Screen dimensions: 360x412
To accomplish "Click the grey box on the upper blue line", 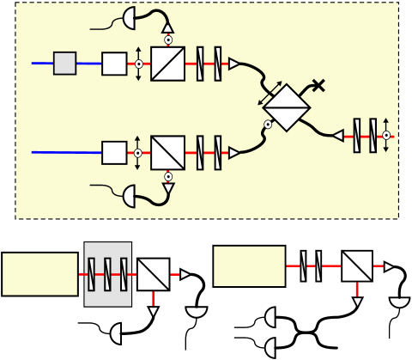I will tap(64, 63).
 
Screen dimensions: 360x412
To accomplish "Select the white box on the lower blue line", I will tap(114, 153).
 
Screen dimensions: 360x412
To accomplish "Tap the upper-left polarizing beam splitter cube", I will tap(167, 64).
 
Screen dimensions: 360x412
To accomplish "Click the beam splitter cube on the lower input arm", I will tap(167, 153).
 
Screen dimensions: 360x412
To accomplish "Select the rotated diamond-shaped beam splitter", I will tap(286, 108).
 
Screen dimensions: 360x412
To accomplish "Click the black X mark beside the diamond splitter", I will tap(318, 84).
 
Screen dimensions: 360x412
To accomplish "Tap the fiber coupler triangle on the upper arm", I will tap(233, 63).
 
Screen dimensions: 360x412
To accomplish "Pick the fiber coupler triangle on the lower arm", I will tap(233, 153).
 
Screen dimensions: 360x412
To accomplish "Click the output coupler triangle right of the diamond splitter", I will tap(338, 135).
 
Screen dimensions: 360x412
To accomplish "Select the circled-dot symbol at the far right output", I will tap(387, 135).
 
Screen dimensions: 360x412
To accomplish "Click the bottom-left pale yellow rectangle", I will tap(39, 274).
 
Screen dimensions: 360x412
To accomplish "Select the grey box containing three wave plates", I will tap(108, 273).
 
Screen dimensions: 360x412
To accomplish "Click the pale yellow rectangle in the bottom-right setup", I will tap(249, 266).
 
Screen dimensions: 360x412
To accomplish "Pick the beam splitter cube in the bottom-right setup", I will tap(357, 266).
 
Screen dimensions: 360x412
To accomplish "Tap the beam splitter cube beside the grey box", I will tap(154, 274).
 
